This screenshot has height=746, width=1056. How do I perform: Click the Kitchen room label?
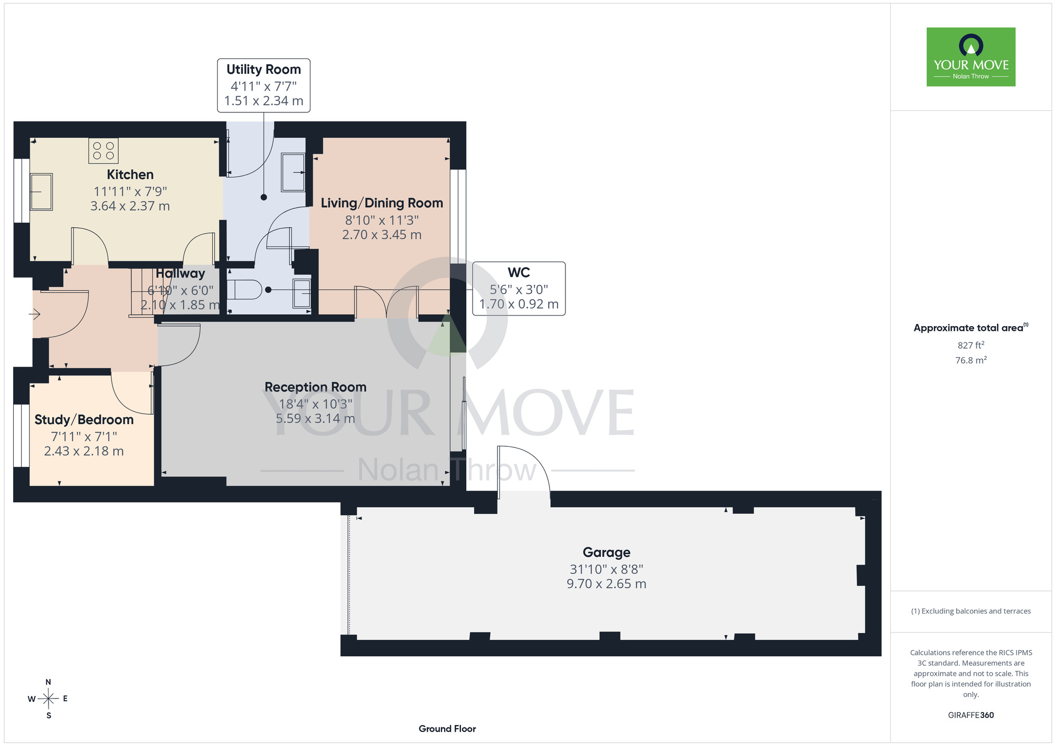click(130, 175)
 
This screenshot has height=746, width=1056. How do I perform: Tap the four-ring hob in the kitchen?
click(103, 150)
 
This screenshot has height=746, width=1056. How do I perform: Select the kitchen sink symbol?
click(41, 192)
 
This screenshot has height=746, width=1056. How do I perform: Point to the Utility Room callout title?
click(263, 70)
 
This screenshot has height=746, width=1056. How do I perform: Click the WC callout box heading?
click(518, 273)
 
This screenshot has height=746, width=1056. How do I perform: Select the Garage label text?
click(606, 552)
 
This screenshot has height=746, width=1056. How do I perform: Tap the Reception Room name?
click(315, 387)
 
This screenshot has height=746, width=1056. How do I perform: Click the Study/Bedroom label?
click(84, 420)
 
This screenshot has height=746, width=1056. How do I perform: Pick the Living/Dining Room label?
click(382, 203)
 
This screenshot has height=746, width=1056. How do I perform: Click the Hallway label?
click(180, 273)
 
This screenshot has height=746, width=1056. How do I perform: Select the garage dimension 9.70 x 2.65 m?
click(606, 584)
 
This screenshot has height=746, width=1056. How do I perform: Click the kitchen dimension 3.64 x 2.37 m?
click(130, 206)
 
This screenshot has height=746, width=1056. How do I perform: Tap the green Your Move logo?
click(971, 57)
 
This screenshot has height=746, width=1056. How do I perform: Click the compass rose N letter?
click(49, 682)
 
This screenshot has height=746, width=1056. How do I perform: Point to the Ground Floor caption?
click(447, 729)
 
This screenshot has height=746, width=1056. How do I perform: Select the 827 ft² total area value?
click(971, 345)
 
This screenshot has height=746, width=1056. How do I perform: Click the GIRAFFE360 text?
click(971, 715)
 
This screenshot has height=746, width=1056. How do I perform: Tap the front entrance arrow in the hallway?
click(34, 315)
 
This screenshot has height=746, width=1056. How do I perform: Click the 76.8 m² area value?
click(971, 360)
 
